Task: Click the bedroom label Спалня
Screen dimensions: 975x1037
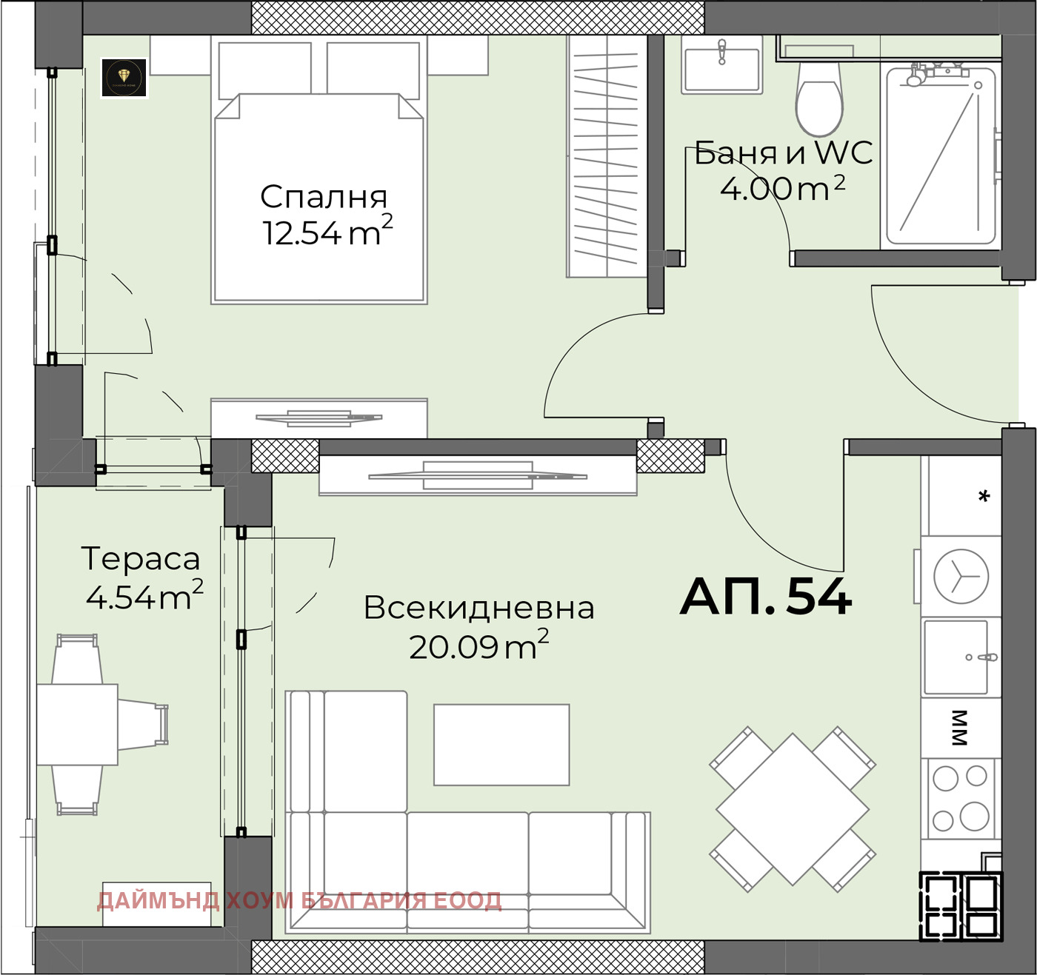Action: point(324,197)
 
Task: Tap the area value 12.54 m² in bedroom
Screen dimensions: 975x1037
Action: point(326,232)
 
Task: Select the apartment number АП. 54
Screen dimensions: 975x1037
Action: point(766,597)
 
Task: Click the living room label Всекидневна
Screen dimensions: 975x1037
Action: point(479,608)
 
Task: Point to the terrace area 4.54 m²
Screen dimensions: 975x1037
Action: point(144,597)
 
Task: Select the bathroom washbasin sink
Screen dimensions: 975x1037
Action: point(721,68)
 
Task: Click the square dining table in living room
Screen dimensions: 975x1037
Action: point(792,809)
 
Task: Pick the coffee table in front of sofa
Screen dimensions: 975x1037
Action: point(501,744)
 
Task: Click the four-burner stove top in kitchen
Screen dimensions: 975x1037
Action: point(961,798)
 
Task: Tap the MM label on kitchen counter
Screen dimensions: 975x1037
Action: point(959,727)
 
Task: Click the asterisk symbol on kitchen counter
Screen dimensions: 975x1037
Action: point(984,497)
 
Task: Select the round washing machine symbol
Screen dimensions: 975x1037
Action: point(961,576)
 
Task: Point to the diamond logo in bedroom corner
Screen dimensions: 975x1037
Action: point(124,77)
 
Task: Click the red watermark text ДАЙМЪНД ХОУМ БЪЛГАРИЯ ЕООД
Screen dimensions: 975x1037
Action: point(299,901)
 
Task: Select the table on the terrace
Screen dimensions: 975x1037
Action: point(77,724)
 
